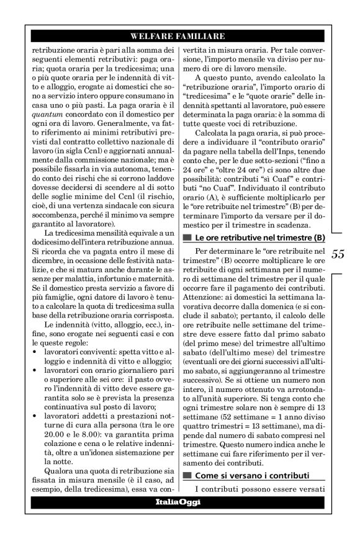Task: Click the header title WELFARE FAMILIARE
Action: point(179,35)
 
